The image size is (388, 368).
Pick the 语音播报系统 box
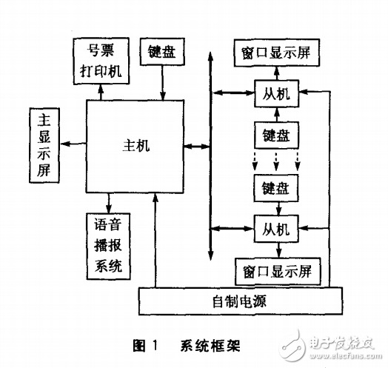109,244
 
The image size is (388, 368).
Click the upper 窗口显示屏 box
276,53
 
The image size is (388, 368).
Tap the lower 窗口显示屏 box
276,270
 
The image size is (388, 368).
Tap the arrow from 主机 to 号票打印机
101,92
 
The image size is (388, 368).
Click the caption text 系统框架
210,345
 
